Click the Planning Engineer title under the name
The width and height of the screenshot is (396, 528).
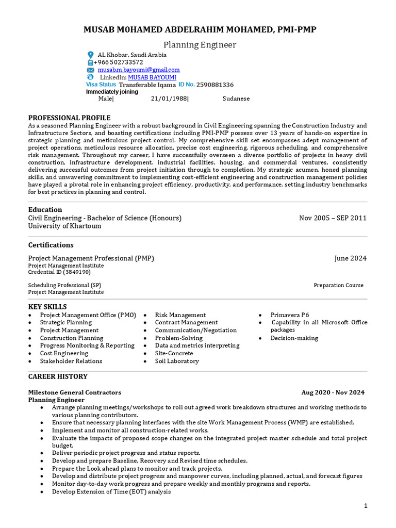(200, 45)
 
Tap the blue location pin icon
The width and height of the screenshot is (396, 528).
(91, 55)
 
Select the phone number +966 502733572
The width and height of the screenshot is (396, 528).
(118, 62)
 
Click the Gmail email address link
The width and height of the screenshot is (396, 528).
(139, 70)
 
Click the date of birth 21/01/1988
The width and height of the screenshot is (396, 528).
(169, 98)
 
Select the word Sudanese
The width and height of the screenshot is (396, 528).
(236, 98)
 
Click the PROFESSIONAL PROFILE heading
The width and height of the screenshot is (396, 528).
(69, 118)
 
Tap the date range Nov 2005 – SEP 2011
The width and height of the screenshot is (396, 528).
(333, 218)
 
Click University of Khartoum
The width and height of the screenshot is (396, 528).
(64, 226)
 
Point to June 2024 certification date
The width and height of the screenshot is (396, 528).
(350, 258)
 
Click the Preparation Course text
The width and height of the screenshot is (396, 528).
(338, 285)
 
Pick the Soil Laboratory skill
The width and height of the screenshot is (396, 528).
(176, 361)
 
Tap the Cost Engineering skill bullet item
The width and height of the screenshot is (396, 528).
(64, 353)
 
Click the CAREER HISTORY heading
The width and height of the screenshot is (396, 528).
(58, 376)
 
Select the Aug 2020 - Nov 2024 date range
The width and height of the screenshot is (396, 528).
(333, 392)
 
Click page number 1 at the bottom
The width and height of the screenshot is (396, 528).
(366, 506)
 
